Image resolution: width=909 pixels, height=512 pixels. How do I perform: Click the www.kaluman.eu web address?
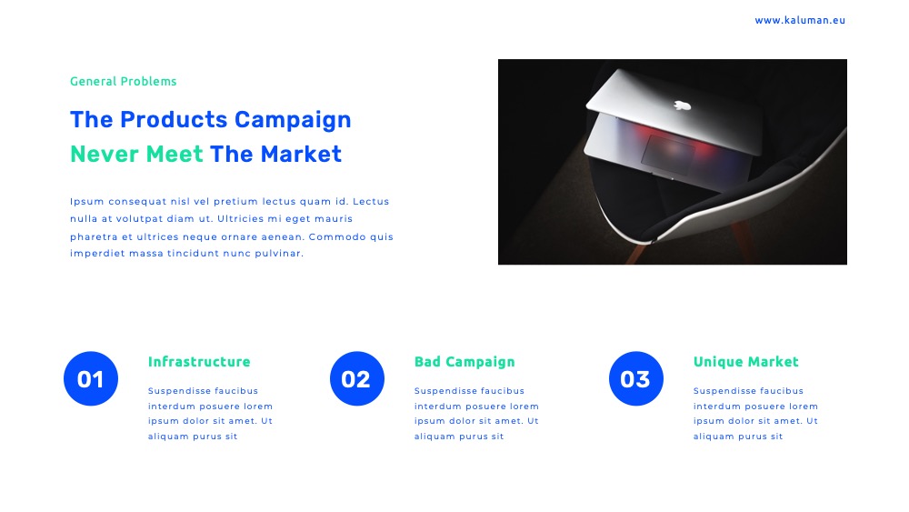click(x=799, y=20)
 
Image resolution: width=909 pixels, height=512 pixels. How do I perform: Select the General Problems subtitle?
click(x=123, y=81)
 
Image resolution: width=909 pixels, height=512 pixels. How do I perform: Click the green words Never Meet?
click(x=137, y=155)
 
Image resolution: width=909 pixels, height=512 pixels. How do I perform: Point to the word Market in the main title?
click(x=301, y=155)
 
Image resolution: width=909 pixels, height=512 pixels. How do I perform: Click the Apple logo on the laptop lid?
click(x=683, y=105)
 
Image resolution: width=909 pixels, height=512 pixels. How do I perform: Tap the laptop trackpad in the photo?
click(x=667, y=154)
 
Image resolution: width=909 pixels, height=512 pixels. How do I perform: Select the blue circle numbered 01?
click(x=91, y=378)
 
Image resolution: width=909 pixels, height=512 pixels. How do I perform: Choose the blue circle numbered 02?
click(x=357, y=378)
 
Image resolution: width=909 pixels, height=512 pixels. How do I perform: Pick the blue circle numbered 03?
click(x=636, y=378)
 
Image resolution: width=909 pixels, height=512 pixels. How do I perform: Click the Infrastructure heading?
click(x=199, y=362)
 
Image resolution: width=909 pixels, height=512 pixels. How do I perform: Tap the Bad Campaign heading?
click(x=464, y=362)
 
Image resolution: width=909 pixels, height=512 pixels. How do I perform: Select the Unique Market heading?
click(x=745, y=362)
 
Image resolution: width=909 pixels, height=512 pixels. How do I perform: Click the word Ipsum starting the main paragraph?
click(x=87, y=202)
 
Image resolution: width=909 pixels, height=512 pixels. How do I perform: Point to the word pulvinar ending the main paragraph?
click(x=279, y=254)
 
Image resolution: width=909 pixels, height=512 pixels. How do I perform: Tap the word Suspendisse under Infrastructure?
click(x=178, y=391)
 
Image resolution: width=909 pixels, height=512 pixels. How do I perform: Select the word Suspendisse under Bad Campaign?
click(x=445, y=391)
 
